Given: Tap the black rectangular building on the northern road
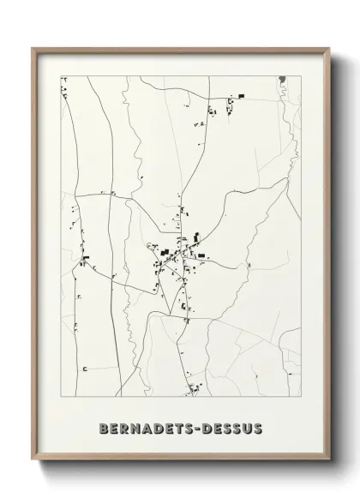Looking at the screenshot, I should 242,95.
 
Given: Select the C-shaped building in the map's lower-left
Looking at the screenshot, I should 86,368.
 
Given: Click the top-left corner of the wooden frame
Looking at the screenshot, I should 33,48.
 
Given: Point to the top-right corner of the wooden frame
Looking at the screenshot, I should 327,48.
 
